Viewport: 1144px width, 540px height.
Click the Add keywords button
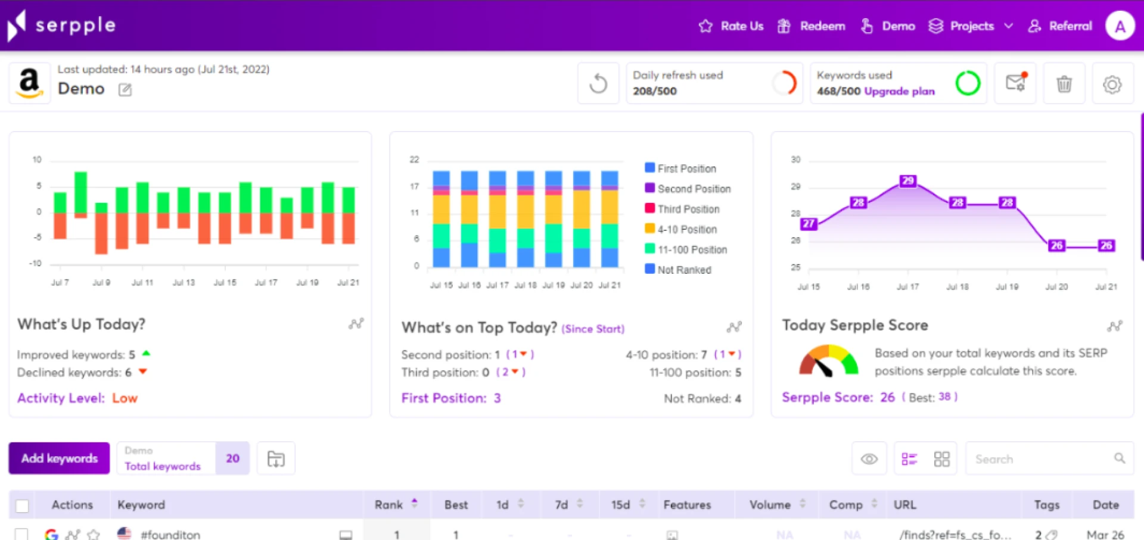click(x=59, y=458)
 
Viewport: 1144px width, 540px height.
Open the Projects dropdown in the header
click(x=971, y=26)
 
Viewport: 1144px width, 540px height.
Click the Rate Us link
click(x=732, y=26)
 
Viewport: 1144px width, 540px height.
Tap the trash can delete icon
click(x=1064, y=84)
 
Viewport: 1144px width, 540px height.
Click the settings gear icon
click(x=1112, y=84)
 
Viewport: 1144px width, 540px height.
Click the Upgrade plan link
click(x=899, y=91)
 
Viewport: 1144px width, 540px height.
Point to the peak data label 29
click(x=907, y=180)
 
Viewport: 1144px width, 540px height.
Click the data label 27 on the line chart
click(x=809, y=223)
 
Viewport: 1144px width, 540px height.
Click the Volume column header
click(x=770, y=505)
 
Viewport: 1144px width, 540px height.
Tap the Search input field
click(x=1043, y=459)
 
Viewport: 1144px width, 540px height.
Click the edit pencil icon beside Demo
click(x=125, y=90)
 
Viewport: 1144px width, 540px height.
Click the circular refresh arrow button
click(x=598, y=84)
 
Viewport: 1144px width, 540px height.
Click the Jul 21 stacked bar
click(x=609, y=219)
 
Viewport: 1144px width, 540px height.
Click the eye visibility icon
click(x=869, y=459)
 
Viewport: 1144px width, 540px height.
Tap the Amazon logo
click(x=30, y=83)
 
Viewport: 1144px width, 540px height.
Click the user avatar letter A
click(x=1120, y=26)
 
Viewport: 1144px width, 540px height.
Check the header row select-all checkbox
click(x=22, y=505)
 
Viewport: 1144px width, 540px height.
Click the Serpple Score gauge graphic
click(x=828, y=361)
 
